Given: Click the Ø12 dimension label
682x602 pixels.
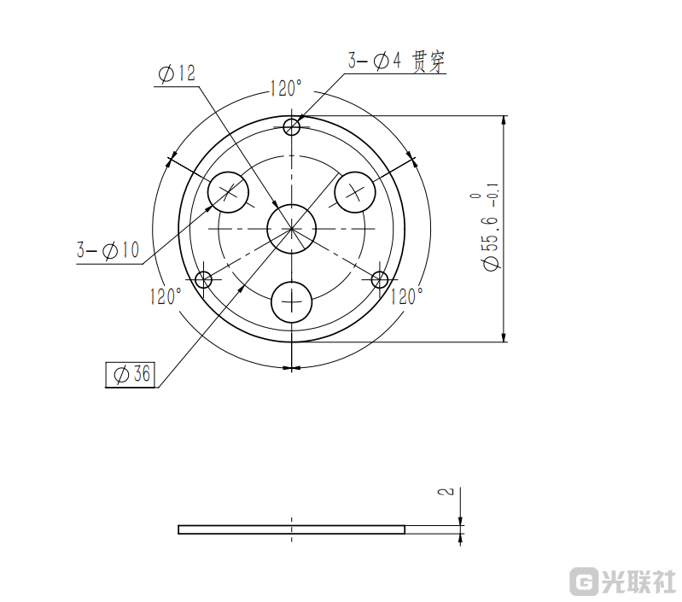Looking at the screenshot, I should coord(177,74).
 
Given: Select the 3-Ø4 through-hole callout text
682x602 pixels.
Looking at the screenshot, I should coord(395,61).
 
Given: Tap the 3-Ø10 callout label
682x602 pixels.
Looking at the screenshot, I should coord(108,251).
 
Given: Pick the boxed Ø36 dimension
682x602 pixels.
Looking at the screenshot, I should coord(131,374).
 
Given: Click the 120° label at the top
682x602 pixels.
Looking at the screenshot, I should coord(286,88).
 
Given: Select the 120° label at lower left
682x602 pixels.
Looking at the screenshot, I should coord(166,296).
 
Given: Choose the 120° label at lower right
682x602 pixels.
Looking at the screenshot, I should coord(407,296).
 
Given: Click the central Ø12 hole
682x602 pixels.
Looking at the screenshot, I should coord(292,228).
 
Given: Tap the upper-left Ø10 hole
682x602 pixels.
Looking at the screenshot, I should coord(229,191).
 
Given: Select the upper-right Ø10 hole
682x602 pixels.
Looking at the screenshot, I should coord(354,191).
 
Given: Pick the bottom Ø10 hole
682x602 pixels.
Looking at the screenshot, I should coord(292,301).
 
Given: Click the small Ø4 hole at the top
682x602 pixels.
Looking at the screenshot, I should coord(292,127).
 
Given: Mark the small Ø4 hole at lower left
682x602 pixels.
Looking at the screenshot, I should coord(204,278).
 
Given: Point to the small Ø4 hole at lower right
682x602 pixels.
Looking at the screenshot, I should coord(380,278).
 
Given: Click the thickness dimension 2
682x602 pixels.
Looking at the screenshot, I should coord(445,493).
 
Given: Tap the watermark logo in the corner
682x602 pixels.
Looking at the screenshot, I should coord(623,582).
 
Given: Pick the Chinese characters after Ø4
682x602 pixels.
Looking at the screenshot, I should coord(428,61).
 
